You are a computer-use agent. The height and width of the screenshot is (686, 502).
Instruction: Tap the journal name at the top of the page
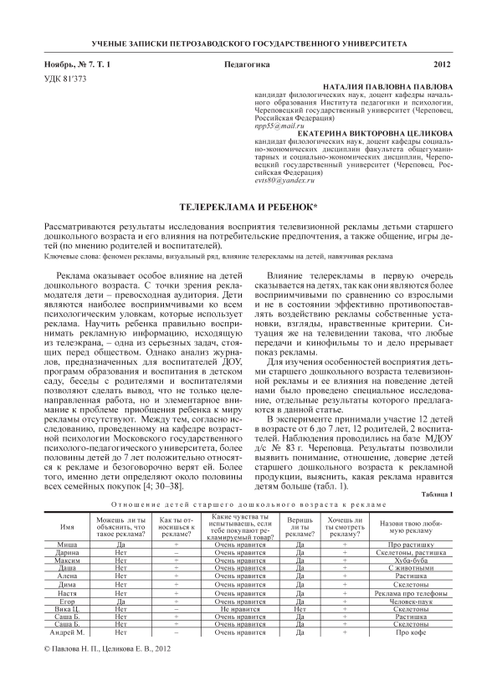pyautogui.click(x=250, y=41)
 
